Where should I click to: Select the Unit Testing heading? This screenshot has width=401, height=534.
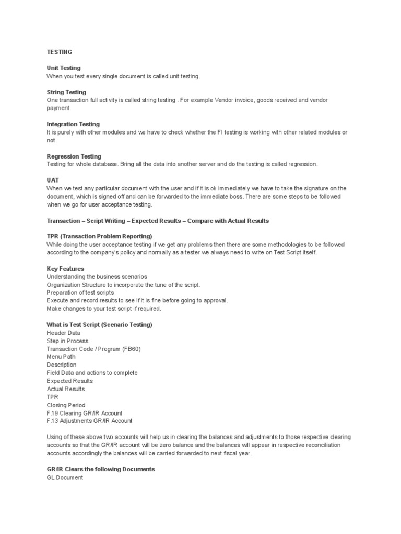click(64, 68)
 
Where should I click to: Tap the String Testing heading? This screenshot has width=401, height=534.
click(66, 92)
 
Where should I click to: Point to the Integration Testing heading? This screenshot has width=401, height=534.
click(73, 124)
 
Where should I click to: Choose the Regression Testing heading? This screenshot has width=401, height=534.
click(74, 156)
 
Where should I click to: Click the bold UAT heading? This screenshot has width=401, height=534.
click(52, 180)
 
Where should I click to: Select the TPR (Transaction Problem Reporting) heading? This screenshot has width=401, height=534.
click(99, 236)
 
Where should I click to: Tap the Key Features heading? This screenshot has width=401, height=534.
click(65, 269)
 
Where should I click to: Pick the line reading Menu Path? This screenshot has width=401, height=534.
click(61, 357)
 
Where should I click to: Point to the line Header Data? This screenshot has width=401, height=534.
click(64, 333)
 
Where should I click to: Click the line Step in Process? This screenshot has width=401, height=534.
click(67, 341)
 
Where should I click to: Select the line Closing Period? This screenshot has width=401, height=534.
click(66, 405)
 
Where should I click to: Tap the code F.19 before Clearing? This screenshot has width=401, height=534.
click(53, 413)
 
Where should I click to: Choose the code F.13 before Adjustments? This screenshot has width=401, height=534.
click(53, 421)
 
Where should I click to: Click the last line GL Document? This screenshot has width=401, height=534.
click(65, 477)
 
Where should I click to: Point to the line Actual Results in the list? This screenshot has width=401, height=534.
click(66, 389)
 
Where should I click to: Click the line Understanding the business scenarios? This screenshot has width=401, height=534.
click(97, 276)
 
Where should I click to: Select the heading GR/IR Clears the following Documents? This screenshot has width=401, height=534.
click(100, 469)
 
